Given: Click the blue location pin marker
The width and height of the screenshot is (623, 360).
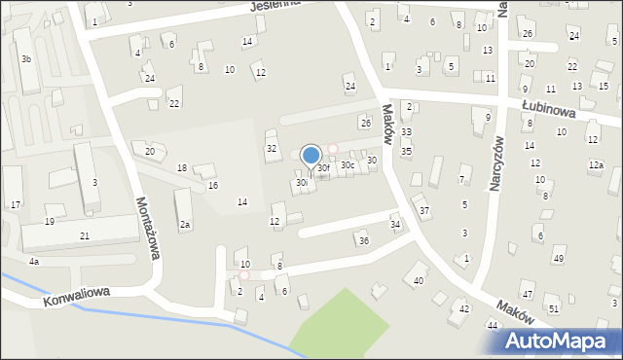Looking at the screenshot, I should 311,156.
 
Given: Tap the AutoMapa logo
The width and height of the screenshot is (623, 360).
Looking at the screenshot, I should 563,340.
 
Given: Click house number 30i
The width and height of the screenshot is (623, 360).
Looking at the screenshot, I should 302,182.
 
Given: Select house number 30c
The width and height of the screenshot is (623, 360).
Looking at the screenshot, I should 347,164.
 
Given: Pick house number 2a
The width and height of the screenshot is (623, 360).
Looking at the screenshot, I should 185,225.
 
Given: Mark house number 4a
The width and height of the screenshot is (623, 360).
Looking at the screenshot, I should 33,262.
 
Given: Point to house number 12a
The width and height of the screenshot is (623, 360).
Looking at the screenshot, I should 595,165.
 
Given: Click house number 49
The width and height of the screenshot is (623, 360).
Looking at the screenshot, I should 558,258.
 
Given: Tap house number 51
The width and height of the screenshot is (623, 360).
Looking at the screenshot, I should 553,308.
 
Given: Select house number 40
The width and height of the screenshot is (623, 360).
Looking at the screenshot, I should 419,280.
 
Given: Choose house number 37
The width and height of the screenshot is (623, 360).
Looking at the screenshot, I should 423,210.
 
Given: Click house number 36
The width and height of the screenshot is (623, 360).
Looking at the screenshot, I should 363,240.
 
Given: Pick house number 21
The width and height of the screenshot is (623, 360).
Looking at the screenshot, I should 85,235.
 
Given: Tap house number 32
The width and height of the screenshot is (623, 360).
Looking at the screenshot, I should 272,148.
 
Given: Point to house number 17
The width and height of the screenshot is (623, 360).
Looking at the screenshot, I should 16,204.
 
